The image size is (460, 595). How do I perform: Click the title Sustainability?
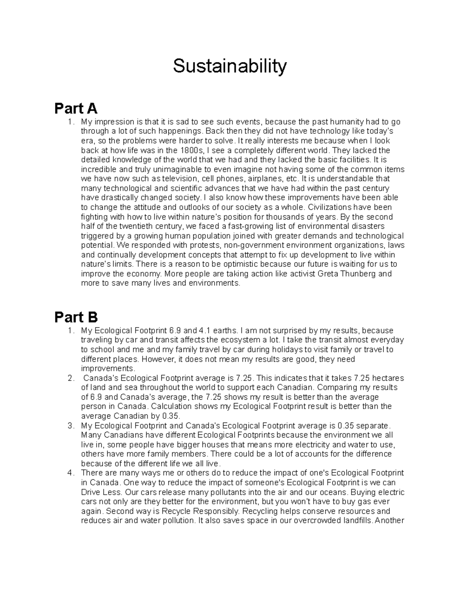click(230, 66)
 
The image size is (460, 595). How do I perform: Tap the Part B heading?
click(76, 317)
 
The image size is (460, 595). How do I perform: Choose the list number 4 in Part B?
click(70, 473)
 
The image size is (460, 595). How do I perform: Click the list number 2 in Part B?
click(70, 378)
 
